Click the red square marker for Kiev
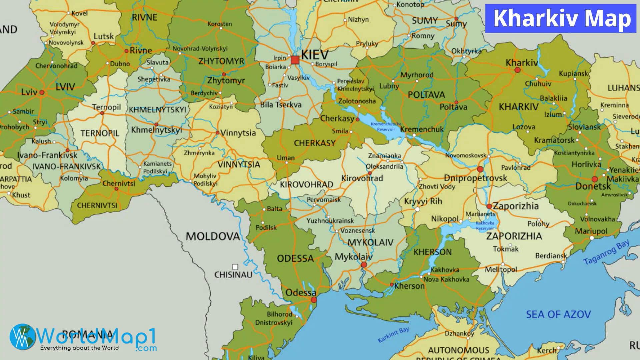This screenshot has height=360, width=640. click(x=295, y=60)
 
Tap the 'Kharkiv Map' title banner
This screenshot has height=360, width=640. click(x=562, y=18)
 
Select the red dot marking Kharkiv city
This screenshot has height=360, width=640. click(x=517, y=70)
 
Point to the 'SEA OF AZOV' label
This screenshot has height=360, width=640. click(x=558, y=314)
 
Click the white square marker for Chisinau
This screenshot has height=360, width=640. click(x=235, y=267)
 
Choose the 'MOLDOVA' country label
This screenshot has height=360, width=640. click(x=212, y=236)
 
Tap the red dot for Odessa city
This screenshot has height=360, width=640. click(x=314, y=300)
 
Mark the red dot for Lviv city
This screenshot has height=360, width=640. click(x=42, y=92)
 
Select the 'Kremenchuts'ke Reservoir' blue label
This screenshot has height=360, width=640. click(x=386, y=127)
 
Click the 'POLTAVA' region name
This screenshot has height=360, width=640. click(x=426, y=95)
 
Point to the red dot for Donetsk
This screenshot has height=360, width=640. click(x=595, y=179)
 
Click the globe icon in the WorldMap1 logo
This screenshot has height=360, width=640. click(x=23, y=337)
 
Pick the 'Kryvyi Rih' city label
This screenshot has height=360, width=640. click(x=423, y=201)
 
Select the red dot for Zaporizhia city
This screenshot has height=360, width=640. click(x=489, y=206)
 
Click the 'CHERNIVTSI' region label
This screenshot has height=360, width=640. click(x=97, y=205)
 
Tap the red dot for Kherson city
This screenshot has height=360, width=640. click(x=392, y=285)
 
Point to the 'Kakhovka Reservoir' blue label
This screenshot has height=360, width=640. click(x=485, y=226)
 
